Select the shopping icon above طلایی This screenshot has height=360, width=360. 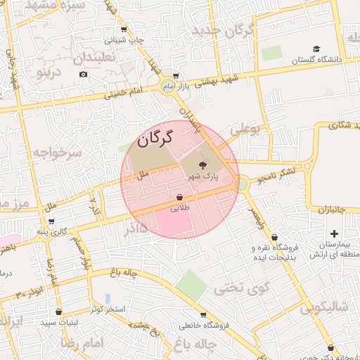click(x=179, y=198)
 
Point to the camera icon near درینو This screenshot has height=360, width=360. click(x=83, y=75)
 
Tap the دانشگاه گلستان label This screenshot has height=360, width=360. click(x=319, y=60)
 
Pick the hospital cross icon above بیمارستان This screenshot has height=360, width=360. click(x=334, y=233)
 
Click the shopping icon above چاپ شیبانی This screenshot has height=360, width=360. click(x=124, y=30)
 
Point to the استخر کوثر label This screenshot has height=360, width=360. click(x=108, y=309)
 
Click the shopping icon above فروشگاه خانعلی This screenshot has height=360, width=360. click(x=203, y=314)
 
